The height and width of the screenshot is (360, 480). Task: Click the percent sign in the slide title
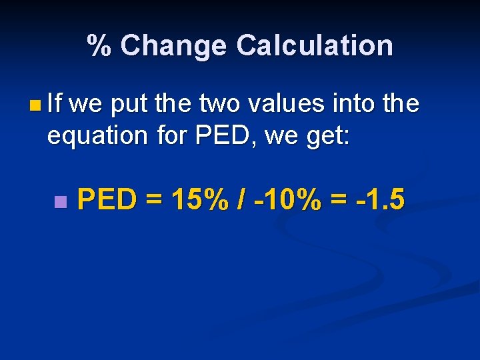[101, 45]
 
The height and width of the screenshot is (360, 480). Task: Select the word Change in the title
[173, 45]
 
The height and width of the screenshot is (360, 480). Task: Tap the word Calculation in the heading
[314, 45]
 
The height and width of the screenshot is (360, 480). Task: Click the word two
[215, 103]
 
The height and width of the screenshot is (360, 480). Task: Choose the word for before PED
[173, 135]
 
